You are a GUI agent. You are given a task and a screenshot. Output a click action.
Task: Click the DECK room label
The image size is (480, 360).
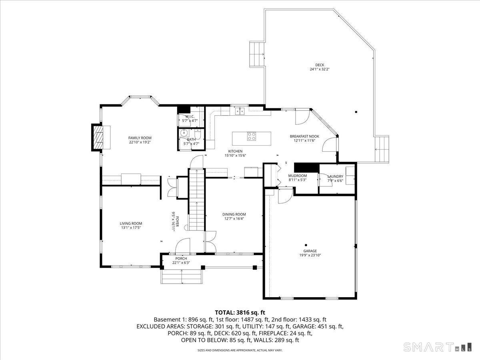tap(320, 65)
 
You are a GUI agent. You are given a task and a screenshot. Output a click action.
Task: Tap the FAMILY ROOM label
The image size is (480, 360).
tap(140, 138)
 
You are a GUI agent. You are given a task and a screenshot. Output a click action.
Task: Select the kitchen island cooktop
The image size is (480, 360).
tap(252, 136)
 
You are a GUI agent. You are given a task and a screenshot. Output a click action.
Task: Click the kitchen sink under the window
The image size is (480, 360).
tap(240, 111)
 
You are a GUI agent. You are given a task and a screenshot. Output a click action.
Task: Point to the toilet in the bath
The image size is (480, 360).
tap(198, 134)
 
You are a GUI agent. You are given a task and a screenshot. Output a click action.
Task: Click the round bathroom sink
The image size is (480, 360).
tap(184, 133)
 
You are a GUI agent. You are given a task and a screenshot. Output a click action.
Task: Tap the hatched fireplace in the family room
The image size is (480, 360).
tap(98, 138)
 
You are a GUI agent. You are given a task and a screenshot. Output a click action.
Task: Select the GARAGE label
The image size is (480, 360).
tap(310, 251)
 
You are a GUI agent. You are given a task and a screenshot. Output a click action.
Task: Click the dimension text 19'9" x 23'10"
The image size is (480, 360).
tap(310, 255)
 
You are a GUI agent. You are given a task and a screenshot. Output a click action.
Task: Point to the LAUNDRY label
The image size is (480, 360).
tap(335, 176)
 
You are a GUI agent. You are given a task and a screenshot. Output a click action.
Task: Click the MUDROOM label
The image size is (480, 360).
tap(298, 176)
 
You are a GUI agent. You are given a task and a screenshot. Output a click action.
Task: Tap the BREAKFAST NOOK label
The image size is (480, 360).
tap(304, 136)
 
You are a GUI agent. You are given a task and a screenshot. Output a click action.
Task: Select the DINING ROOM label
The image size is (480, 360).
tap(234, 214)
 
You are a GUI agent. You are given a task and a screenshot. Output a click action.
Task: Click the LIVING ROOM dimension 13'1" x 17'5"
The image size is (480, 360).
tap(131, 228)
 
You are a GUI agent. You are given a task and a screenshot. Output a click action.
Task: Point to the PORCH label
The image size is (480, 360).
tap(181, 258)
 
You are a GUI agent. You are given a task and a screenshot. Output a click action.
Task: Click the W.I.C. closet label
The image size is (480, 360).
tap(190, 116)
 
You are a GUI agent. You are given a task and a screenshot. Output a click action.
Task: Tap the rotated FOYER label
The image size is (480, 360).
tap(177, 222)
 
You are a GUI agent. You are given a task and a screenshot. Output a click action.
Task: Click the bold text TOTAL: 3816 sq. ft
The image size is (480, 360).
tap(240, 312)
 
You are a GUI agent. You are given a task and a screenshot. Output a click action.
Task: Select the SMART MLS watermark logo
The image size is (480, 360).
tap(437, 347)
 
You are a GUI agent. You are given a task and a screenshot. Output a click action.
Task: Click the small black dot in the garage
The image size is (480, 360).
tap(306, 245)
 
